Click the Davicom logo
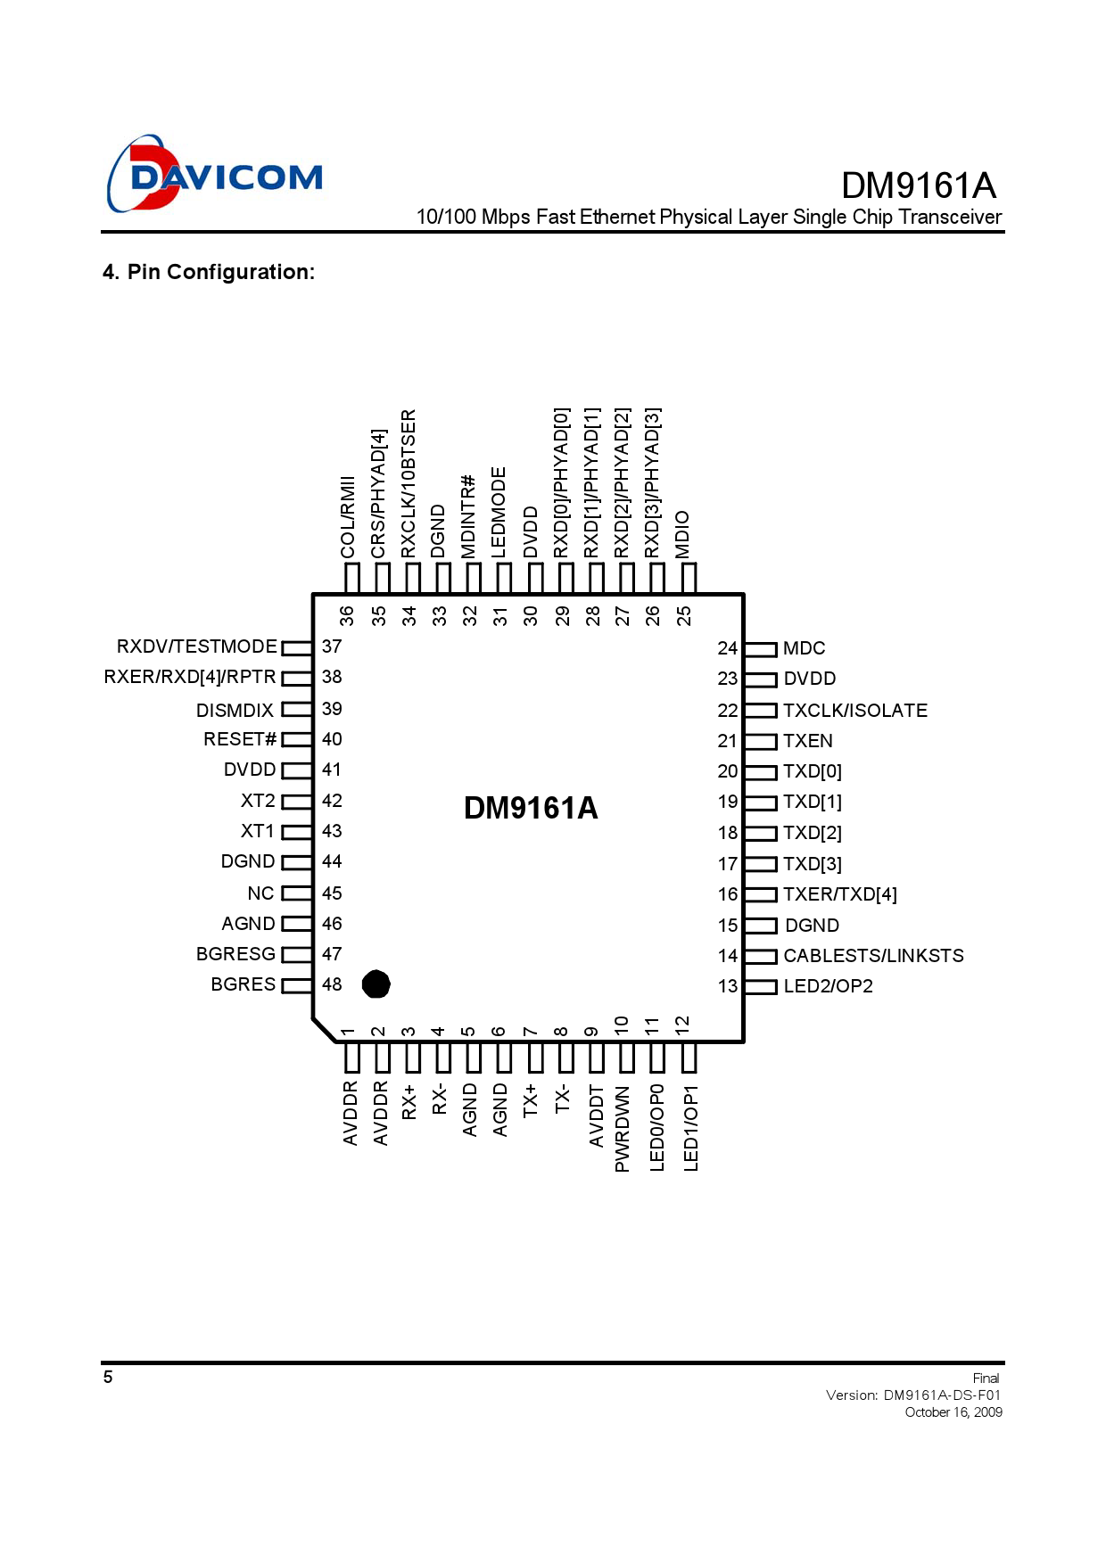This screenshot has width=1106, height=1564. (x=214, y=175)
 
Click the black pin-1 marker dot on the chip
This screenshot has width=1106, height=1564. (x=376, y=984)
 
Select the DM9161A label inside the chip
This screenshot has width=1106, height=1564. (x=531, y=808)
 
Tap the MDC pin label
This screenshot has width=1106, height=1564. (x=804, y=648)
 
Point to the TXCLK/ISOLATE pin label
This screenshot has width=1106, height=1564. (x=855, y=711)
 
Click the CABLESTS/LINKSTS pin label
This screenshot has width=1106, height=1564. (x=873, y=956)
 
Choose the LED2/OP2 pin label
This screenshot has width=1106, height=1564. (x=828, y=986)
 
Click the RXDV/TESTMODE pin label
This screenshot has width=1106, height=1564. (x=197, y=646)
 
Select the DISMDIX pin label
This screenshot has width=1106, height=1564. (x=235, y=711)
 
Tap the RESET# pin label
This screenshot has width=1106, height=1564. (x=240, y=739)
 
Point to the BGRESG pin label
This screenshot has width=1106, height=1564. (x=235, y=954)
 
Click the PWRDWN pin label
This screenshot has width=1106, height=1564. (x=623, y=1129)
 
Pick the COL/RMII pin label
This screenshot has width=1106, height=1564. (x=348, y=517)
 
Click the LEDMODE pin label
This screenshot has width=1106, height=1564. (x=499, y=513)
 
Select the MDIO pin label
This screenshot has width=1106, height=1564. (x=682, y=534)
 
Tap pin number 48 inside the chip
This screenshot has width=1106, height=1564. (x=332, y=984)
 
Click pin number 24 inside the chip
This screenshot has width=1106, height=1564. (x=728, y=648)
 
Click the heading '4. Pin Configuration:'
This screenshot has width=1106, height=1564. (x=209, y=272)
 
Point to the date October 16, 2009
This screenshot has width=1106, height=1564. (x=953, y=1412)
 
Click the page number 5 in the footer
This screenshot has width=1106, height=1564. (x=108, y=1377)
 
